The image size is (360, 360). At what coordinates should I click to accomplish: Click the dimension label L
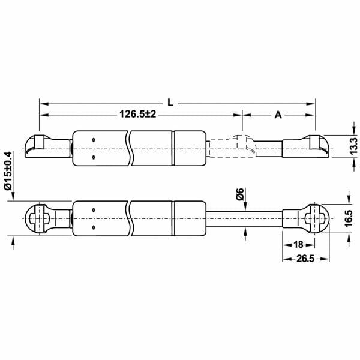tap(170, 103)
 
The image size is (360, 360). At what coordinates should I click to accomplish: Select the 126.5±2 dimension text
tap(138, 114)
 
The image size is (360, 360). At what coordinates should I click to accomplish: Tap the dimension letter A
tap(278, 115)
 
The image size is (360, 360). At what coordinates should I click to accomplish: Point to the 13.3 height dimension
tap(354, 146)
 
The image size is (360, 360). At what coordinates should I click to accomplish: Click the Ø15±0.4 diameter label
tap(8, 171)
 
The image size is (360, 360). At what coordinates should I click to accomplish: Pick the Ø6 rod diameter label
tap(240, 194)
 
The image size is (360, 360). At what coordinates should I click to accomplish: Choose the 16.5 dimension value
tap(348, 218)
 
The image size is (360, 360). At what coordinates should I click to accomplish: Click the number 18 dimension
tap(298, 245)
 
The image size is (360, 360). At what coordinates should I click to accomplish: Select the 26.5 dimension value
tap(305, 259)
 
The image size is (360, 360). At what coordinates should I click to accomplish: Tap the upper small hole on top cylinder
tap(94, 140)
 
